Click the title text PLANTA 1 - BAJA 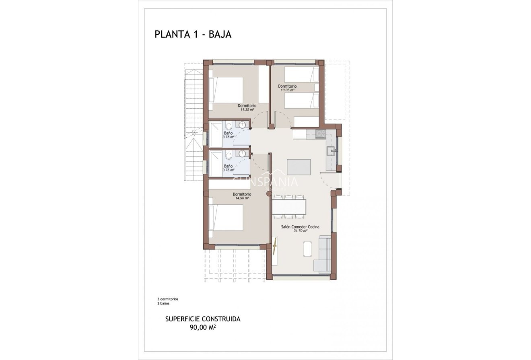193,35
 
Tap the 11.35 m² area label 247,109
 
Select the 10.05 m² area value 287,91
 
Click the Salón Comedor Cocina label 300,227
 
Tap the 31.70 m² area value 300,231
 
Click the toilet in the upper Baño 228,125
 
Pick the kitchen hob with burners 321,134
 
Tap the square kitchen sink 331,152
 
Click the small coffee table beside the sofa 308,249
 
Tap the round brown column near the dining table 269,193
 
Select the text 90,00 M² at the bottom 203,327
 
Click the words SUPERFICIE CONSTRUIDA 203,319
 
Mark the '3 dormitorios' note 168,299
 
